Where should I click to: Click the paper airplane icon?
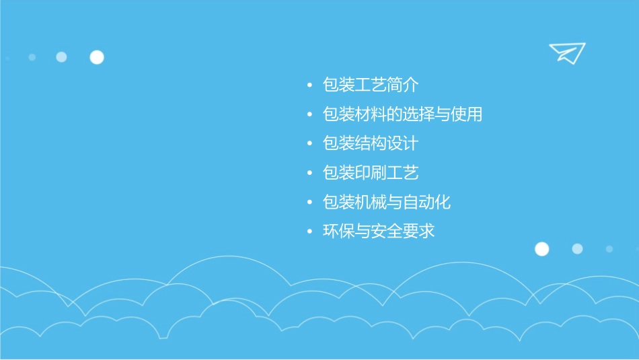(567, 52)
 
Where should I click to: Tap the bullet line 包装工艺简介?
(371, 85)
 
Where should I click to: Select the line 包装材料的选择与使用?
(402, 114)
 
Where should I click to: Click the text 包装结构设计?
(371, 144)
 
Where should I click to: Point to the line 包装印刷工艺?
(371, 173)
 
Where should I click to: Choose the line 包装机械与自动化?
(387, 202)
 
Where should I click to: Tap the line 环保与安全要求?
(379, 231)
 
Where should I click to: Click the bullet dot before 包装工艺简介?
(309, 86)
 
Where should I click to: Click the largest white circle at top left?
(97, 57)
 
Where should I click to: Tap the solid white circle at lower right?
(541, 249)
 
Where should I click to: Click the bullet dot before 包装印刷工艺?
(309, 174)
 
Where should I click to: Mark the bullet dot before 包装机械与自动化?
(309, 203)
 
